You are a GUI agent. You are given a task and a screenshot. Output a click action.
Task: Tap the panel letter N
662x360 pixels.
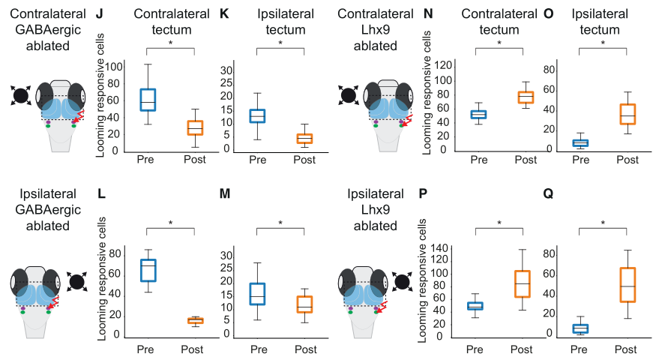click(428, 14)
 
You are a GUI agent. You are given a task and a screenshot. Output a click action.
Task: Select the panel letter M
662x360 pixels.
click(225, 193)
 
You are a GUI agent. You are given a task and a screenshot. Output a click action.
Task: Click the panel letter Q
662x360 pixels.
click(548, 194)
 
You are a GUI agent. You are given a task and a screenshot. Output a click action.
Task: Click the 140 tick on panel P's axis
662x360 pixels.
click(439, 248)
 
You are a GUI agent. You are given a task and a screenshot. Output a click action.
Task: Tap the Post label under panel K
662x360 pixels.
click(304, 160)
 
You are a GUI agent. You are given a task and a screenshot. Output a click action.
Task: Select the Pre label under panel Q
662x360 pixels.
click(579, 349)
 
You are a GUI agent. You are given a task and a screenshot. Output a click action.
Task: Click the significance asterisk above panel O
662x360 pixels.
click(603, 43)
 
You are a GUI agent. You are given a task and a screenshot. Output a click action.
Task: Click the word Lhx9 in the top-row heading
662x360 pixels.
click(376, 29)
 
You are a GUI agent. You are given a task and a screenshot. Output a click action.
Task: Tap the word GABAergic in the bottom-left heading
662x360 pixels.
click(48, 210)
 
